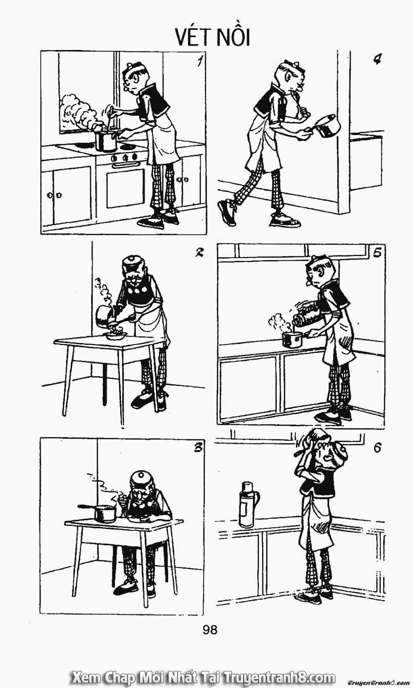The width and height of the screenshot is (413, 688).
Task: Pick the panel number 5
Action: click(377, 252)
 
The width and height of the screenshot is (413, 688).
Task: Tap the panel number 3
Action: click(198, 448)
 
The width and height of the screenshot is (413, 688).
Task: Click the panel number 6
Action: click(377, 448)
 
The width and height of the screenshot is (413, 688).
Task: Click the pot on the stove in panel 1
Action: click(106, 141)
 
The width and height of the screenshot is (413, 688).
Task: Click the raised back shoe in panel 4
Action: click(227, 212)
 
